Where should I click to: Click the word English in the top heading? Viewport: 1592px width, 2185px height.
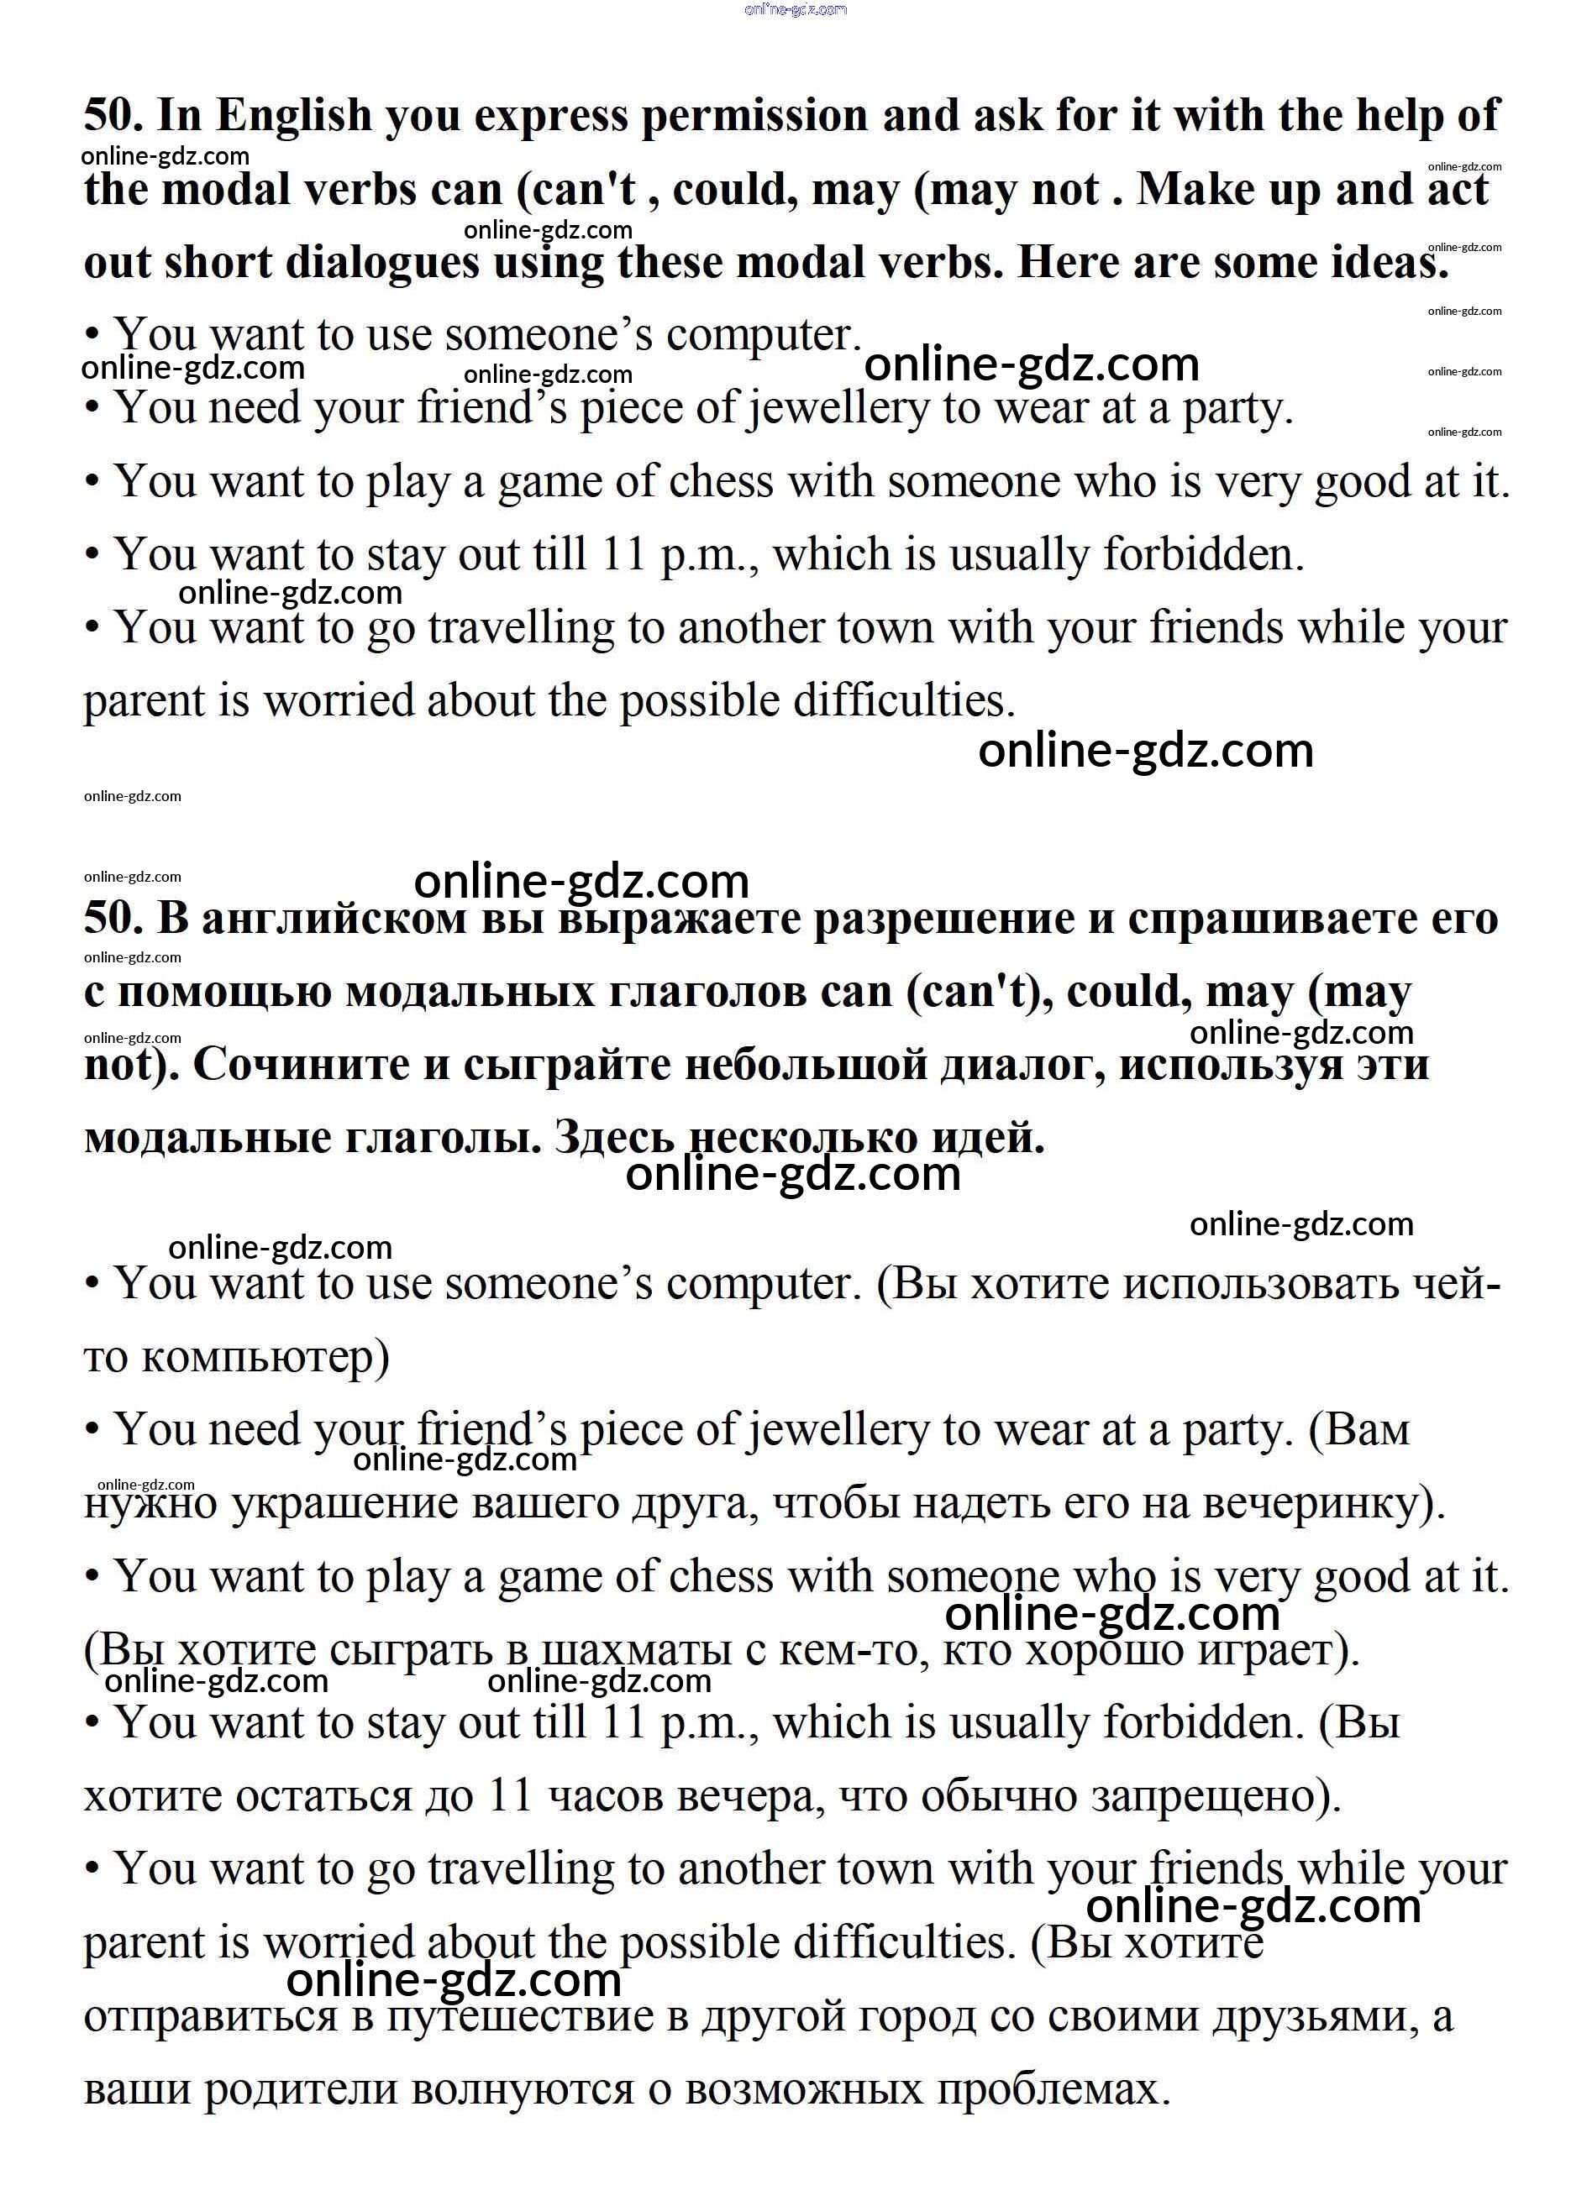(293, 117)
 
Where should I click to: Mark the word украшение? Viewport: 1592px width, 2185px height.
(344, 1504)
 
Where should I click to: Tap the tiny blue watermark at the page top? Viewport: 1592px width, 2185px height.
(796, 9)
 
